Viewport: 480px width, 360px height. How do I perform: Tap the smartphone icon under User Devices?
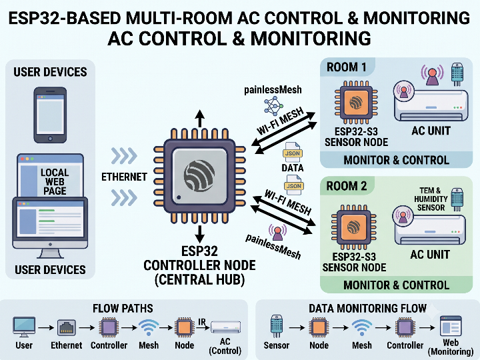(50, 115)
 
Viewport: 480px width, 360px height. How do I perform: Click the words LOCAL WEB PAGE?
(55, 181)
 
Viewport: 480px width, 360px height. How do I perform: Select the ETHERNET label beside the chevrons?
(124, 177)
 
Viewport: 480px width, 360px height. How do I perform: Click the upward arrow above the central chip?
(200, 119)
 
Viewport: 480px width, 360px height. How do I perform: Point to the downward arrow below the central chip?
(200, 234)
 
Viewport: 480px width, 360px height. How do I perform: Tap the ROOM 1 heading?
(347, 67)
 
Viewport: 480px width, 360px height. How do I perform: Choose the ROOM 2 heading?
(347, 186)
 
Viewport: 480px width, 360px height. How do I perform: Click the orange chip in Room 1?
(356, 103)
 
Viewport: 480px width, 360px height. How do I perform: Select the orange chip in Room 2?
(353, 227)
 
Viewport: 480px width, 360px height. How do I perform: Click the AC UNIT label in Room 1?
(431, 131)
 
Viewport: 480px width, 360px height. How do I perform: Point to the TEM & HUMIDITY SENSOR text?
(431, 199)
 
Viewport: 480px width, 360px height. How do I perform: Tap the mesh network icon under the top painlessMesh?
(273, 105)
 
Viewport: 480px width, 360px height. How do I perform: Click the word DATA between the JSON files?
(293, 168)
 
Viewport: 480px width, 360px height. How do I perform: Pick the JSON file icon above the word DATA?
(293, 152)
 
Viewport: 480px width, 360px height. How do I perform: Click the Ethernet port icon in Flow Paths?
(67, 328)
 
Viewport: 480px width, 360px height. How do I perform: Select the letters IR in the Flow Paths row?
(202, 322)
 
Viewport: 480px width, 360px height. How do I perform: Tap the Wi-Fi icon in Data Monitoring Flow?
(362, 327)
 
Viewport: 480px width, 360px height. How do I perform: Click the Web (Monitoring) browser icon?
(451, 326)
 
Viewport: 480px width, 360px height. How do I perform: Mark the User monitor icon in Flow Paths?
(24, 327)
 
